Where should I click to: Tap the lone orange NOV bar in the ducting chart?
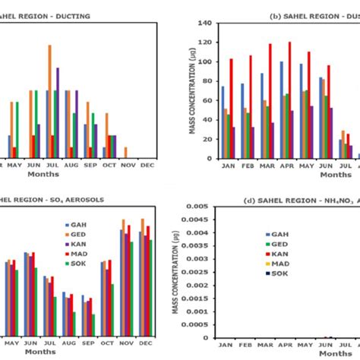[x=125, y=151]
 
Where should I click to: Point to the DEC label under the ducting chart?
[x=147, y=163]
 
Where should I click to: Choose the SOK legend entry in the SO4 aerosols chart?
[x=78, y=264]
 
